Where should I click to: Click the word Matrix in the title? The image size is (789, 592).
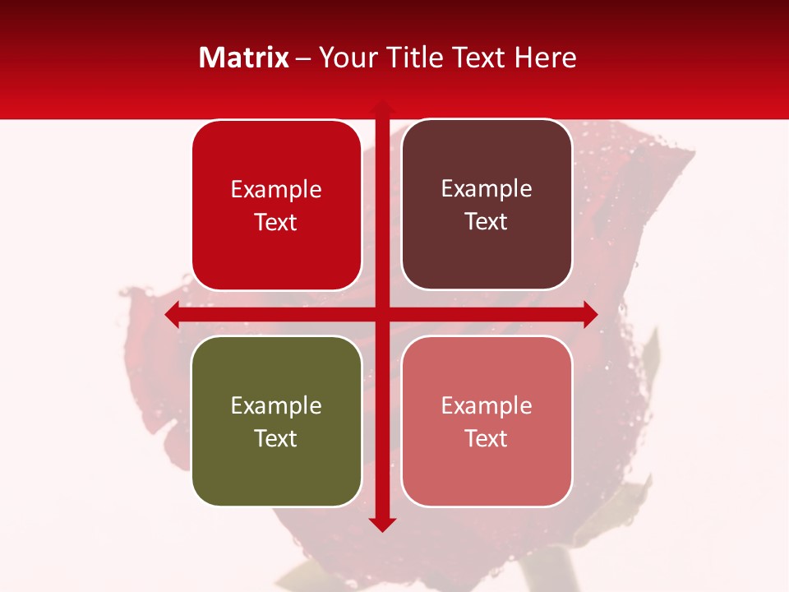coord(244,58)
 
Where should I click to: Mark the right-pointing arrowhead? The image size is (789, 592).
coord(590,314)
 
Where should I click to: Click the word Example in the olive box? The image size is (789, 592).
coord(276,405)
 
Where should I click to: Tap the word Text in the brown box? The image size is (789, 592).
coord(487,221)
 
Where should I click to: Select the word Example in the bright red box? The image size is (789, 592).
coord(276,189)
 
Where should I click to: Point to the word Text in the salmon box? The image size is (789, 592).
coord(487,438)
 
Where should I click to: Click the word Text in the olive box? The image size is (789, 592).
coord(276,438)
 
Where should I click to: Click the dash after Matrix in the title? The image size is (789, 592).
coord(303,58)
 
